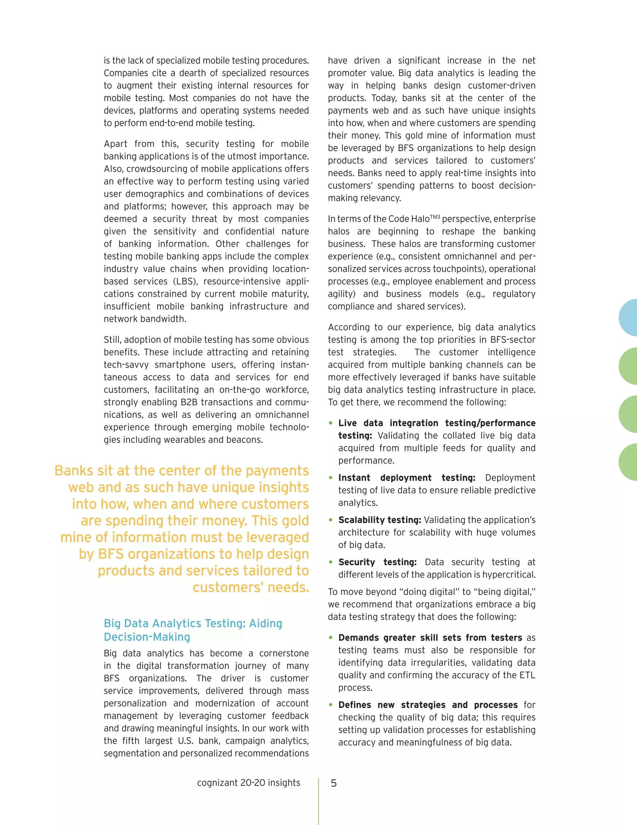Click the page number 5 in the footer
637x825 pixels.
click(334, 783)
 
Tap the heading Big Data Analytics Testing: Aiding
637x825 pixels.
click(193, 623)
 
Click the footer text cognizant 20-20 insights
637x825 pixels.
click(248, 783)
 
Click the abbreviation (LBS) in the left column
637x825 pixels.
click(185, 281)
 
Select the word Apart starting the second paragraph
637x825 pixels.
click(116, 144)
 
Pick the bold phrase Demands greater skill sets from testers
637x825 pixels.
click(430, 638)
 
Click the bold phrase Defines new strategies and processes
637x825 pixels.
click(428, 705)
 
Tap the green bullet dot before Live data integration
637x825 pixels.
click(331, 423)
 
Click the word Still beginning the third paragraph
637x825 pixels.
click(112, 340)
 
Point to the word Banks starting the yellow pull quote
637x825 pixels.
click(74, 471)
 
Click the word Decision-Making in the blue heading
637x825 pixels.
click(147, 637)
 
